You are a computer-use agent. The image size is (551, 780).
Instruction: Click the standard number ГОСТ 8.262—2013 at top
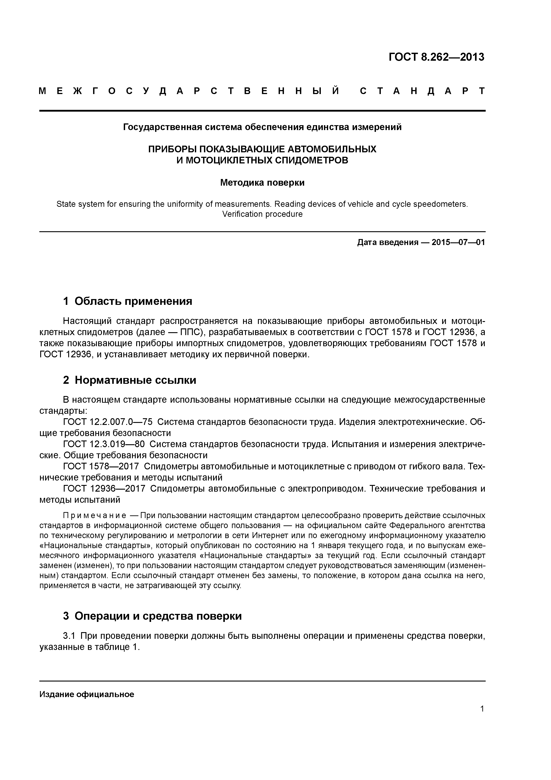[x=436, y=57]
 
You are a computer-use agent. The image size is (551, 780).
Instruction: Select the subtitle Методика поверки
[x=262, y=183]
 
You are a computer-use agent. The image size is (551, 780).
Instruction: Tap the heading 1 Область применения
[x=128, y=301]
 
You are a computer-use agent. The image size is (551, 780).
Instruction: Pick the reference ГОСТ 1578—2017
[x=101, y=466]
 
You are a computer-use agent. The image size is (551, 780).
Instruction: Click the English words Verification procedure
[x=262, y=214]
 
